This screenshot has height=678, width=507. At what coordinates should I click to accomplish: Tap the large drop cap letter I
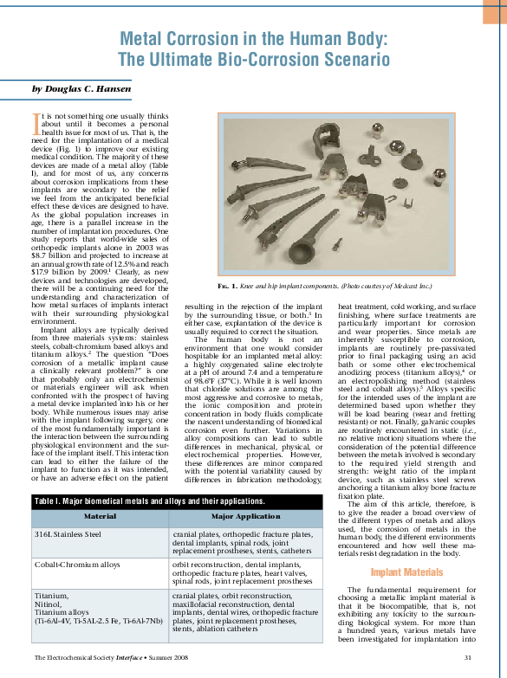pos(36,119)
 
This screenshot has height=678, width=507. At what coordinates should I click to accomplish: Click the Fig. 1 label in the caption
pos(228,286)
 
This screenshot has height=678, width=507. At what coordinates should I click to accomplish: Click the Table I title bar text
pos(137,501)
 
